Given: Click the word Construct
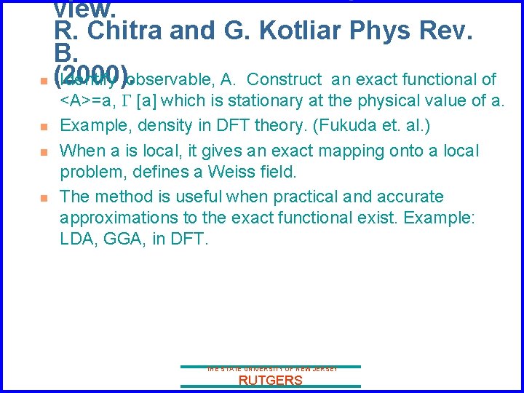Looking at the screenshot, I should tap(285, 79).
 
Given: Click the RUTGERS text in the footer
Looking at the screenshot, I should tap(271, 381).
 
